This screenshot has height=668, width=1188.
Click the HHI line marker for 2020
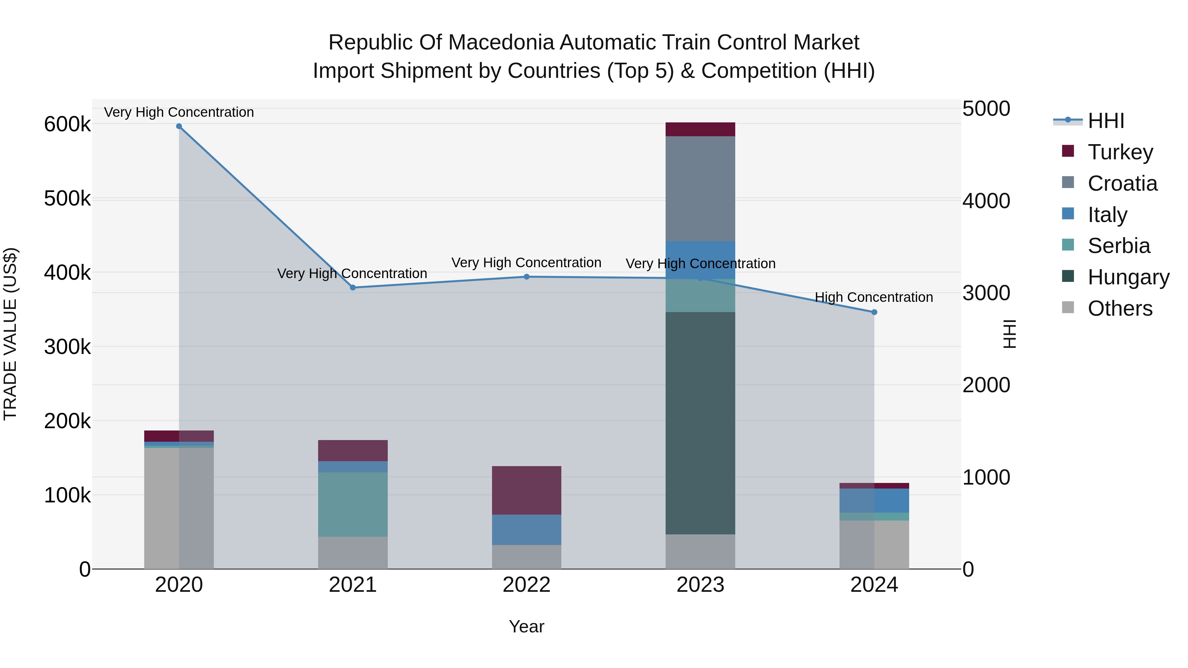179,126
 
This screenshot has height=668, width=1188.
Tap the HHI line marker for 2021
353,288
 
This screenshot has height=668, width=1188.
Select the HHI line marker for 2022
526,277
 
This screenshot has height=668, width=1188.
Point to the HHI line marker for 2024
874,312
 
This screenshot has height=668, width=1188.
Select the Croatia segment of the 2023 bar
700,189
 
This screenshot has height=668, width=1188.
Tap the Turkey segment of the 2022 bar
526,490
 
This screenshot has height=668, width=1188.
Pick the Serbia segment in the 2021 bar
353,504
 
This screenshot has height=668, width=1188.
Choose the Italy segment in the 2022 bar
526,530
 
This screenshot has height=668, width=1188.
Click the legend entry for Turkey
1120,152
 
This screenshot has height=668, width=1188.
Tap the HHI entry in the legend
1105,121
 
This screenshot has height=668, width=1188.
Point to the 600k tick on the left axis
67,124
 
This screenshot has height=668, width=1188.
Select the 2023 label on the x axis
700,585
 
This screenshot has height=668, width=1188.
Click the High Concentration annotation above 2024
874,297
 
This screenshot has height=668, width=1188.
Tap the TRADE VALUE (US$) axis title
11,334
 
